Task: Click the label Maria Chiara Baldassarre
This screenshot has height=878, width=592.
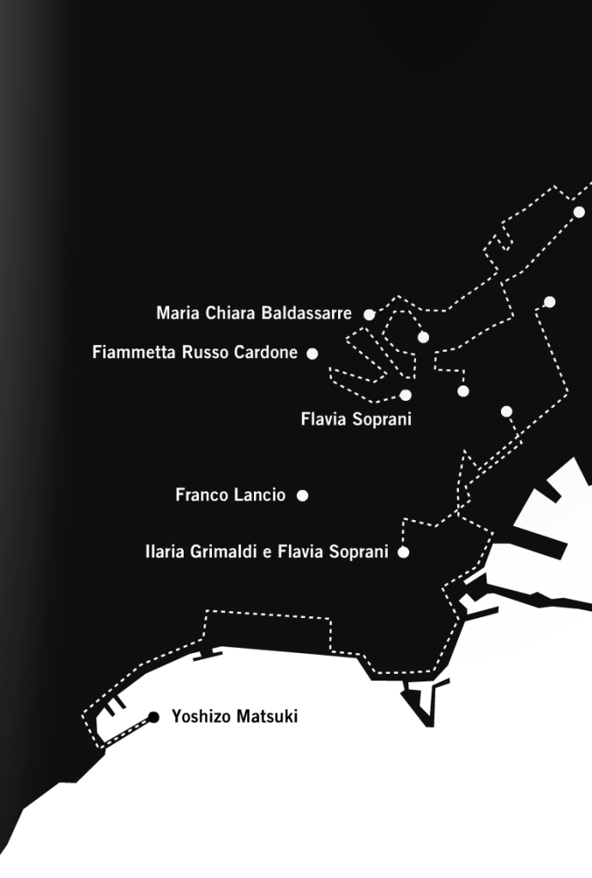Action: coord(254,312)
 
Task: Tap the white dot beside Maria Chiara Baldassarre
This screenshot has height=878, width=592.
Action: coord(369,315)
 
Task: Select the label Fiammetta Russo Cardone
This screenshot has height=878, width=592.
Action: coord(195,352)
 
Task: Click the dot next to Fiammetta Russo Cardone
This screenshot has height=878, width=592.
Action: coord(312,354)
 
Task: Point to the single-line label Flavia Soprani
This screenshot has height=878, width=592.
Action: coord(356,419)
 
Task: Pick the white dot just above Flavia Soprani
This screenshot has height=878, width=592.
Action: coord(406,396)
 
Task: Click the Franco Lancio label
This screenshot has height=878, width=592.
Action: coord(231,495)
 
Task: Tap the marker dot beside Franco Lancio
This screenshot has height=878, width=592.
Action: coord(302,495)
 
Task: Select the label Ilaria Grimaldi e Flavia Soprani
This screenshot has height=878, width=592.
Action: coord(266,552)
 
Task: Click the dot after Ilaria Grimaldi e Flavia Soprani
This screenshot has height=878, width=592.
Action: coord(403,552)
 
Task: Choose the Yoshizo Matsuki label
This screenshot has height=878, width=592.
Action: coord(234,716)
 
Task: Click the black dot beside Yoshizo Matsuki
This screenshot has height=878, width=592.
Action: coord(154,717)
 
